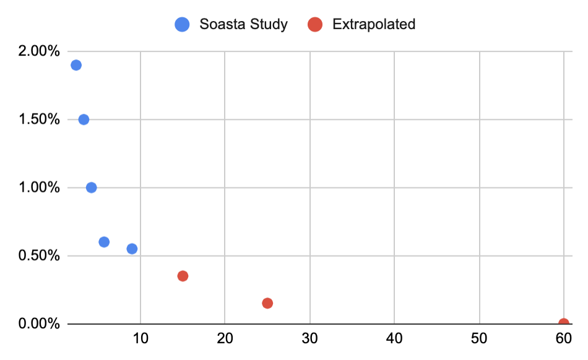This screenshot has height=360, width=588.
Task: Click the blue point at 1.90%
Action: (x=76, y=65)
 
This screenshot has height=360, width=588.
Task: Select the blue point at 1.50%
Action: (x=84, y=119)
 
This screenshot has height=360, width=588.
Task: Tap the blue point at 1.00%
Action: (x=92, y=187)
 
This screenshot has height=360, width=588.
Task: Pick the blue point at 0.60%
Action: (x=104, y=242)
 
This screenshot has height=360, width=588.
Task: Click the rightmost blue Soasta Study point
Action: (x=132, y=249)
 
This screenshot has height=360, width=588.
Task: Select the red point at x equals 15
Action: (x=183, y=276)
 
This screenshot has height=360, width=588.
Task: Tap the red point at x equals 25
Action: (x=267, y=303)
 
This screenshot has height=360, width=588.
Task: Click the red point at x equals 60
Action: (x=563, y=323)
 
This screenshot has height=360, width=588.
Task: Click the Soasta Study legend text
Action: (x=243, y=25)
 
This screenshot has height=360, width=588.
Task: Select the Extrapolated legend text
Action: (x=374, y=25)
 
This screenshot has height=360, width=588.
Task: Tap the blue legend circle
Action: (x=183, y=25)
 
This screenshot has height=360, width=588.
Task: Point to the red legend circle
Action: (x=316, y=25)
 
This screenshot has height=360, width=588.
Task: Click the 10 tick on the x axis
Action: (x=141, y=340)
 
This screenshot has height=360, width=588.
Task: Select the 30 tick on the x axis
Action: (x=309, y=340)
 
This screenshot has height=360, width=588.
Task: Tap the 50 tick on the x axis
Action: (x=479, y=340)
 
